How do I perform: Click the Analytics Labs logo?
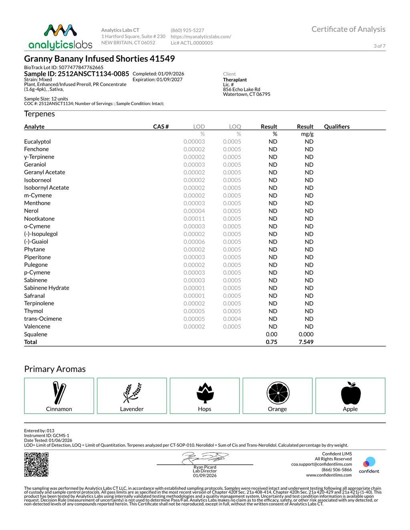pos(60,37)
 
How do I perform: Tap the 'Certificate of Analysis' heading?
pos(348,29)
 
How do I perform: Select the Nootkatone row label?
pos(39,219)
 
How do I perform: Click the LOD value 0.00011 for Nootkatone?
pos(194,219)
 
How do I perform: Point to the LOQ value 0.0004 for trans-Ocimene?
pos(232,319)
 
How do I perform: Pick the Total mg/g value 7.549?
pos(306,342)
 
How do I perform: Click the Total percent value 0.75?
pos(271,342)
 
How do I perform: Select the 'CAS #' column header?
pos(161,127)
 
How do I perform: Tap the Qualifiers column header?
pos(337,127)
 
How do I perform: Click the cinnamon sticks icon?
pos(59,393)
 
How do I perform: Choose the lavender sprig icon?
pos(132,393)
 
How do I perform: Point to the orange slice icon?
pos(278,393)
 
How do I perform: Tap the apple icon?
pos(351,393)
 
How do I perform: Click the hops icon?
pos(205,393)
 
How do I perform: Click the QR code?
pos(36,464)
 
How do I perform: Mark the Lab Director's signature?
pos(205,458)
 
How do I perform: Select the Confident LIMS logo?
pos(369,465)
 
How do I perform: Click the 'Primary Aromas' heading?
pos(55,369)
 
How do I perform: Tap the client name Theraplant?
pos(235,80)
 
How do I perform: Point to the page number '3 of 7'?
pos(380,46)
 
